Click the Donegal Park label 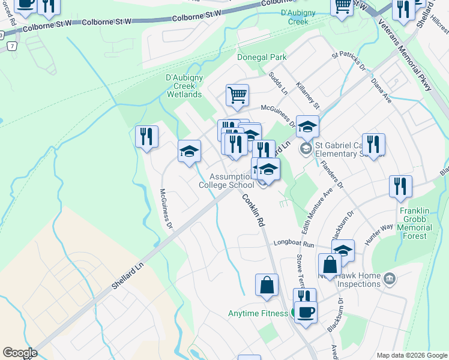261,58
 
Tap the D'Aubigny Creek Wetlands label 184,86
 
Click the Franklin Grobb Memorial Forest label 421,223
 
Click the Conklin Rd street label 253,210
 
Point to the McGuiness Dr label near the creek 166,209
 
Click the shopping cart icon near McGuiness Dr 237,95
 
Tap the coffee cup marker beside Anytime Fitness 306,312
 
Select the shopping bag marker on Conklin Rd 267,286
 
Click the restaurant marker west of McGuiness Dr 146,136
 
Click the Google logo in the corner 20,353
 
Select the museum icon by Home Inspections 389,278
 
